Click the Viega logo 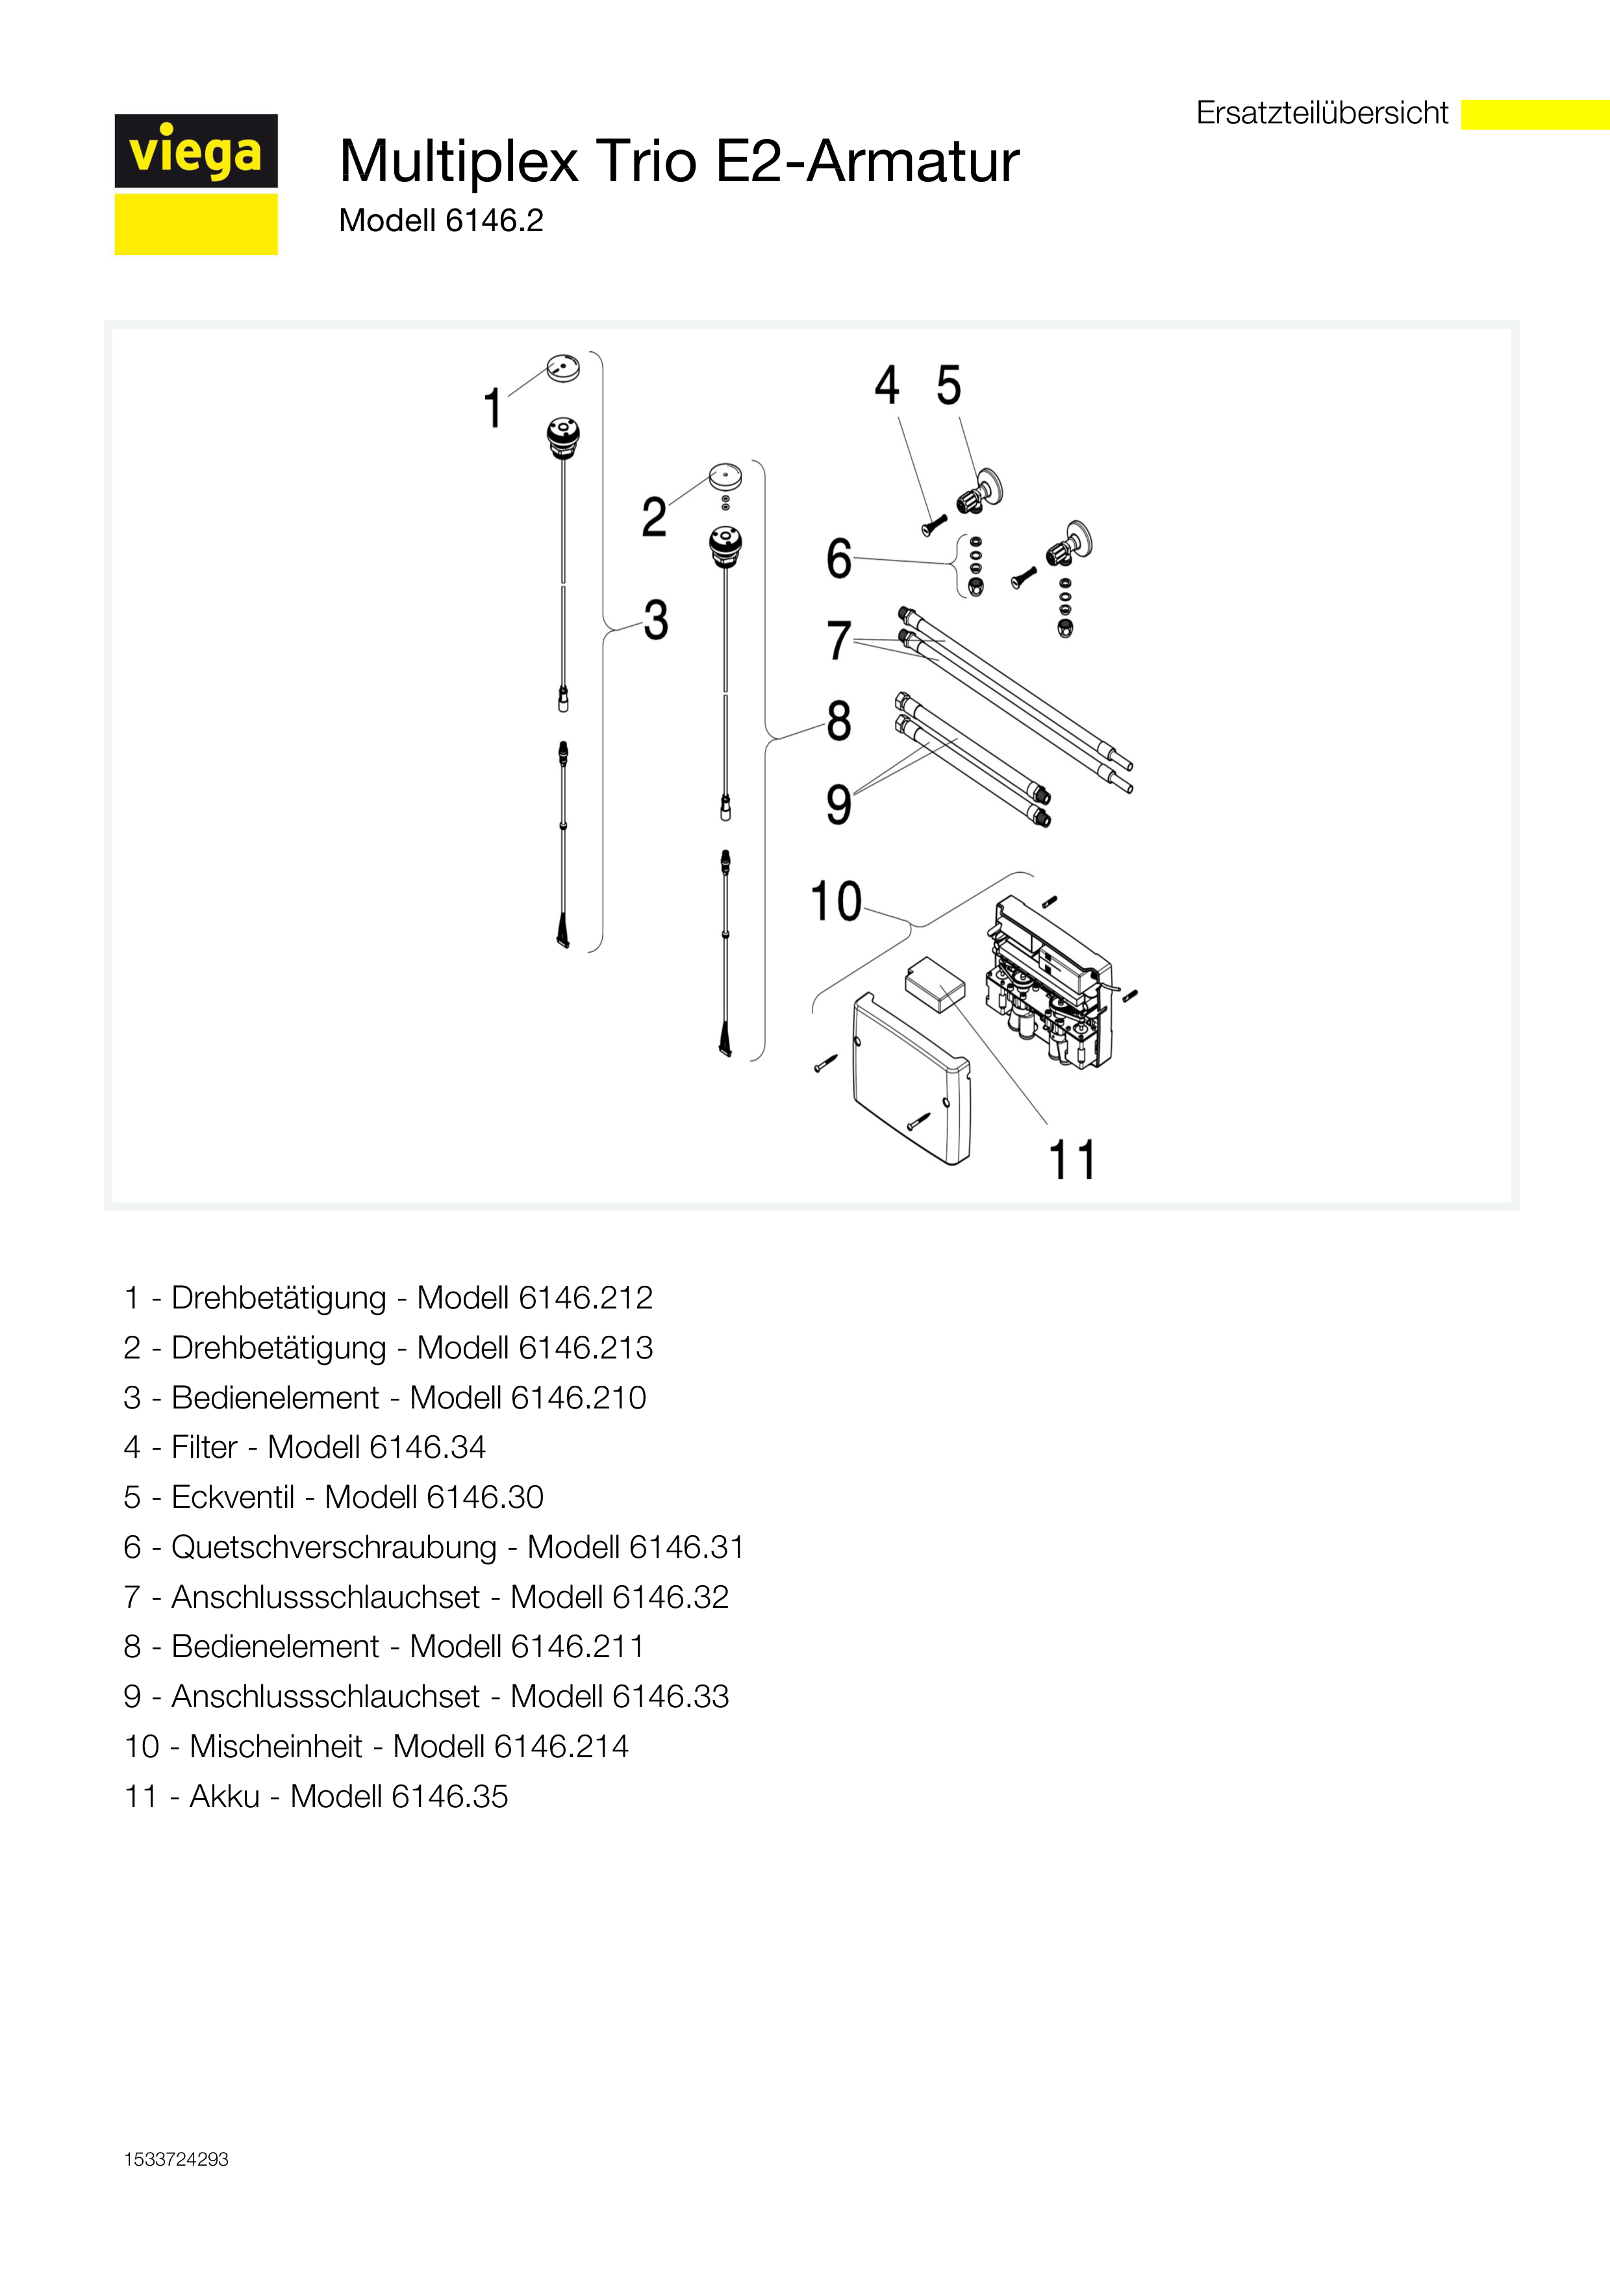[x=195, y=184]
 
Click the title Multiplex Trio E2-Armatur [x=679, y=161]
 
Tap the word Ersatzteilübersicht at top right [x=1322, y=113]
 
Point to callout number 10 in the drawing [x=836, y=902]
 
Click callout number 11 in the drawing [x=1072, y=1160]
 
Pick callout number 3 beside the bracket [x=656, y=620]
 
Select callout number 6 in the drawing [x=839, y=558]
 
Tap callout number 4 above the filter [x=887, y=385]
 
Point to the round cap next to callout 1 [x=564, y=367]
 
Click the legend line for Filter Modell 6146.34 [x=305, y=1447]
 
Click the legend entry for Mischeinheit [x=376, y=1746]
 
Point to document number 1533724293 [x=177, y=2159]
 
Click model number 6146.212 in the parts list [x=585, y=1297]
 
